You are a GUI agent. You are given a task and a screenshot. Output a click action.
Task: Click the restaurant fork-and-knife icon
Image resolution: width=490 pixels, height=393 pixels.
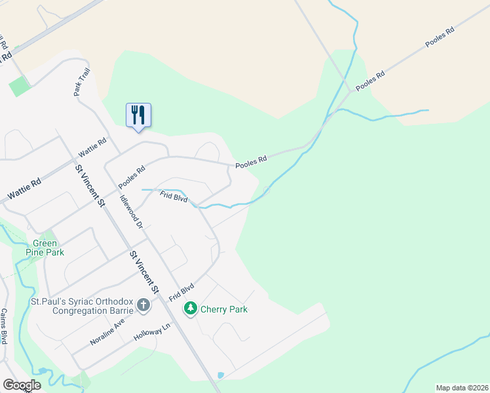(138, 115)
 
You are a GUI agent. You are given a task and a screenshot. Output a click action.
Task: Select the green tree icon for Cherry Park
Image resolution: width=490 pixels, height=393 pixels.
(191, 308)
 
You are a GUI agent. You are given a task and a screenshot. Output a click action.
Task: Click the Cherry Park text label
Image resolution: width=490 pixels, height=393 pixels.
(224, 309)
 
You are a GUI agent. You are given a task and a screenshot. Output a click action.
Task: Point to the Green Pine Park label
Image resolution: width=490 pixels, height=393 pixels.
(45, 246)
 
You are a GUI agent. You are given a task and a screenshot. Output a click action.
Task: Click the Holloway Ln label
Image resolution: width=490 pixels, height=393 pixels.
(151, 333)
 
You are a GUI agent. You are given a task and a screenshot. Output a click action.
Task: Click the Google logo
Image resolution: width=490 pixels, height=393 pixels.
(22, 384)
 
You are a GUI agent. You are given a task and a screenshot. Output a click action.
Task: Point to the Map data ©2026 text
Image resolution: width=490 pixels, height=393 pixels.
(462, 387)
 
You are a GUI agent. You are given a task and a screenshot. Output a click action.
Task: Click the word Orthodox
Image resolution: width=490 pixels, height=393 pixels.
(117, 302)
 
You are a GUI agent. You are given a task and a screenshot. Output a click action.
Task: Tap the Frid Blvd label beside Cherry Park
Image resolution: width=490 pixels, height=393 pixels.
(181, 292)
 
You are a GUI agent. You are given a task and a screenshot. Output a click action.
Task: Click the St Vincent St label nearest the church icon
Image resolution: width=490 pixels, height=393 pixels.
(143, 271)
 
